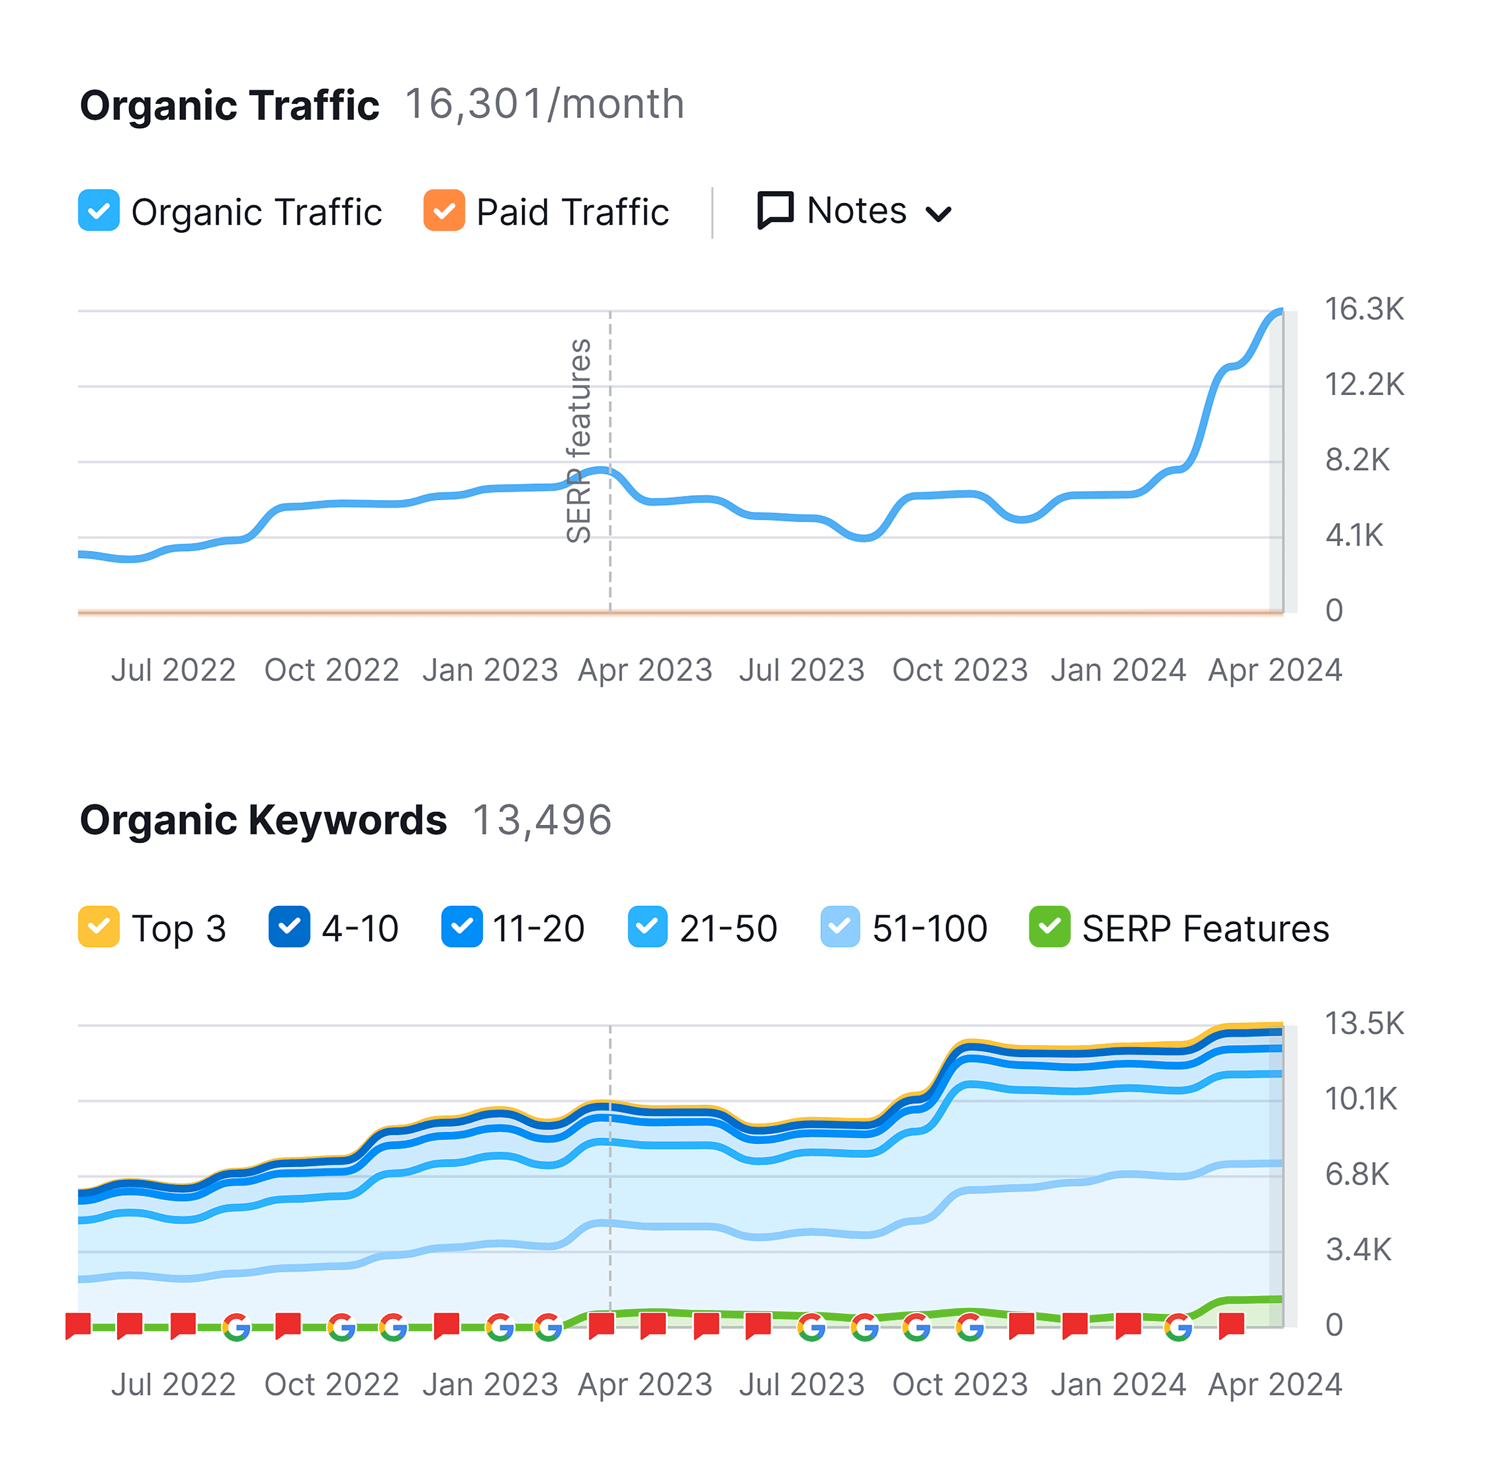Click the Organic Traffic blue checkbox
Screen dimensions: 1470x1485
tap(99, 210)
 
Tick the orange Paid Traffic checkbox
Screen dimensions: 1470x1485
tap(444, 210)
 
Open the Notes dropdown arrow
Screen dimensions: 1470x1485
tap(939, 214)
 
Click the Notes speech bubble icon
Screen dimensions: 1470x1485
tap(775, 210)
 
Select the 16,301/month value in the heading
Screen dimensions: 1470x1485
tap(544, 105)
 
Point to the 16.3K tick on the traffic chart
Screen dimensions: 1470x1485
tap(1364, 309)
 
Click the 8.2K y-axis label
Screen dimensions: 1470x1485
tap(1357, 460)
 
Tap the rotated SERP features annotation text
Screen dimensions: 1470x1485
tap(579, 441)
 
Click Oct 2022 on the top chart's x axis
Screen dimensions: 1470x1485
tap(331, 670)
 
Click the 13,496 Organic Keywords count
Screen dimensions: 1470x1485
tap(541, 820)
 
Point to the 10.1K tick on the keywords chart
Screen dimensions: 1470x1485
tap(1360, 1099)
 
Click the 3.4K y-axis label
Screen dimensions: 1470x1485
tap(1357, 1250)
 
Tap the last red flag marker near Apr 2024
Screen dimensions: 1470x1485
tap(1231, 1324)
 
